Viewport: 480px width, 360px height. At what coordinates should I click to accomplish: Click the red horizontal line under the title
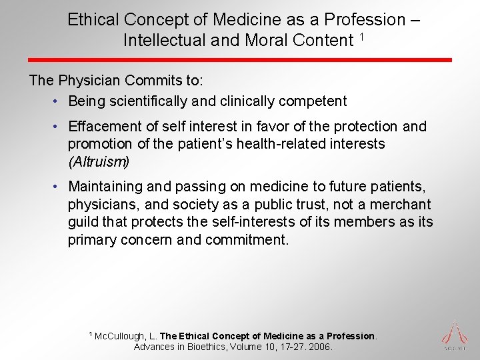[x=240, y=60]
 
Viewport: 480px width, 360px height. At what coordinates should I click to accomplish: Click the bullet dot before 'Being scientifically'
[x=58, y=102]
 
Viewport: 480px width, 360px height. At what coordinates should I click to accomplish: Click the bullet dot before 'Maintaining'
[x=58, y=187]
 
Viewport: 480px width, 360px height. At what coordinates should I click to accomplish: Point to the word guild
[x=83, y=222]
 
